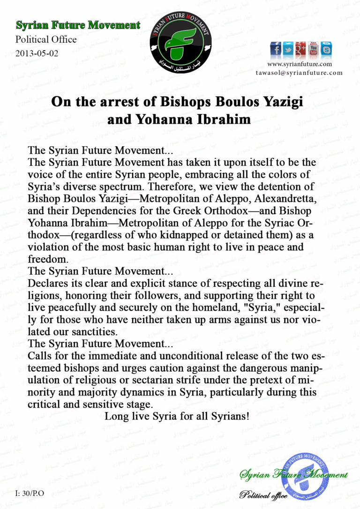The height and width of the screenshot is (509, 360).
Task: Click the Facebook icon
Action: click(276, 49)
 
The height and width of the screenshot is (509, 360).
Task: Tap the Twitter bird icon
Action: click(288, 49)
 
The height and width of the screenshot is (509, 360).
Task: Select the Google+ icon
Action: click(300, 49)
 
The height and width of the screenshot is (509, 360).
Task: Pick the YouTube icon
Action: click(314, 48)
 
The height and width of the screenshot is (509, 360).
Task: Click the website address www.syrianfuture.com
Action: click(300, 64)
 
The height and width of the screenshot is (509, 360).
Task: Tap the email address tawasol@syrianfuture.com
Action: click(299, 73)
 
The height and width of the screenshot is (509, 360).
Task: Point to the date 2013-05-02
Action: click(37, 53)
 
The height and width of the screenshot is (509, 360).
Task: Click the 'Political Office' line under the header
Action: click(46, 39)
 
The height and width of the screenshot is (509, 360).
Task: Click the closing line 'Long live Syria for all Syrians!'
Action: click(177, 416)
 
